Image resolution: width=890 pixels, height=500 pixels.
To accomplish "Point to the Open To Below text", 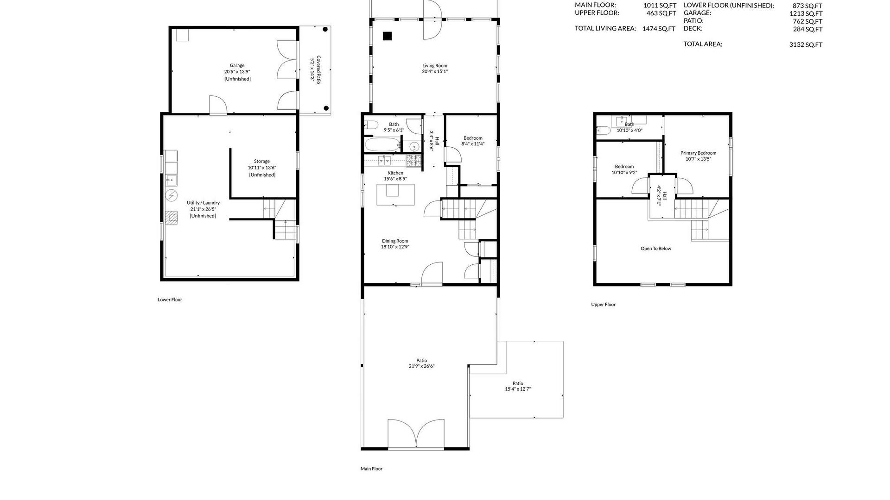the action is point(656,249).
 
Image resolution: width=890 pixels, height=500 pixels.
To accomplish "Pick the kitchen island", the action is point(395,194).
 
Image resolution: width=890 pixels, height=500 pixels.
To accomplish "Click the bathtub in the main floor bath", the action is point(383,144).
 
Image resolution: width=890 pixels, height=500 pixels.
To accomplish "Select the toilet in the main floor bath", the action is point(371,125).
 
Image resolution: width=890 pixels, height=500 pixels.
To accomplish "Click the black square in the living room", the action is point(388,36).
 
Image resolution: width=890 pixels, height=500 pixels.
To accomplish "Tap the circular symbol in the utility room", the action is point(172,195).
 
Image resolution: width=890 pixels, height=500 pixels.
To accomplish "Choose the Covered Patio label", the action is point(316,69).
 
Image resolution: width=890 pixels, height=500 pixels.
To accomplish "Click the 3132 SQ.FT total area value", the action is point(807,45).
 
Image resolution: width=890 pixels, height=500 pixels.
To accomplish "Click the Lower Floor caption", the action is point(170,300).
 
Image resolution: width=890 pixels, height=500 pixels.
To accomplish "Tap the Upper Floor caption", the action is point(603,305).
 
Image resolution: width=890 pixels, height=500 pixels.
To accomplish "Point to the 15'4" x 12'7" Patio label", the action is point(518,386).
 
